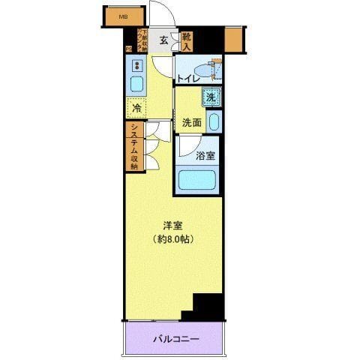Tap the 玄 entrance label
click(163, 38)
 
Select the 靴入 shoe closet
click(187, 39)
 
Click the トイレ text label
click(187, 76)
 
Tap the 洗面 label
click(190, 122)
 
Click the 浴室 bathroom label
click(205, 157)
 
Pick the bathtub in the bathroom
click(198, 181)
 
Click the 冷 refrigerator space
click(137, 109)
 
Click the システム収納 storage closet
click(134, 146)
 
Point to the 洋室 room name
click(173, 224)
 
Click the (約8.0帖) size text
click(173, 240)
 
